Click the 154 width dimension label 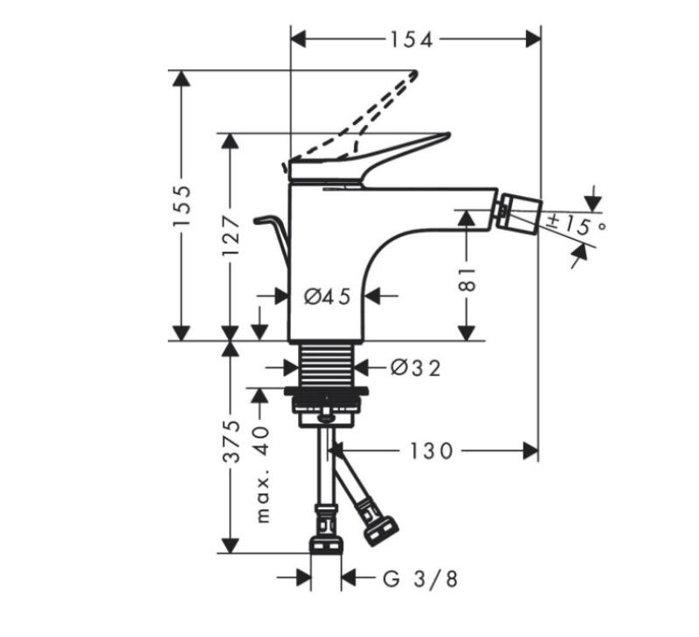tap(412, 39)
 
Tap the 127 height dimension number tap(232, 235)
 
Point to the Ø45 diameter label tap(328, 296)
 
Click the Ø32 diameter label tap(416, 367)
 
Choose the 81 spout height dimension tap(467, 280)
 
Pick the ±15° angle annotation tap(576, 226)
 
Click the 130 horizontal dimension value tap(431, 451)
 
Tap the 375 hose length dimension tap(232, 442)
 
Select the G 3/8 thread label tap(420, 579)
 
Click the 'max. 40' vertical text tap(263, 474)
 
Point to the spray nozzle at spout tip tap(520, 213)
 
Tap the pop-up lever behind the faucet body tap(271, 241)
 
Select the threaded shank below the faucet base tap(327, 365)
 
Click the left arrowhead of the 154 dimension tap(299, 39)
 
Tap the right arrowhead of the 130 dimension tap(530, 451)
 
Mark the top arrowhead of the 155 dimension tap(182, 78)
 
